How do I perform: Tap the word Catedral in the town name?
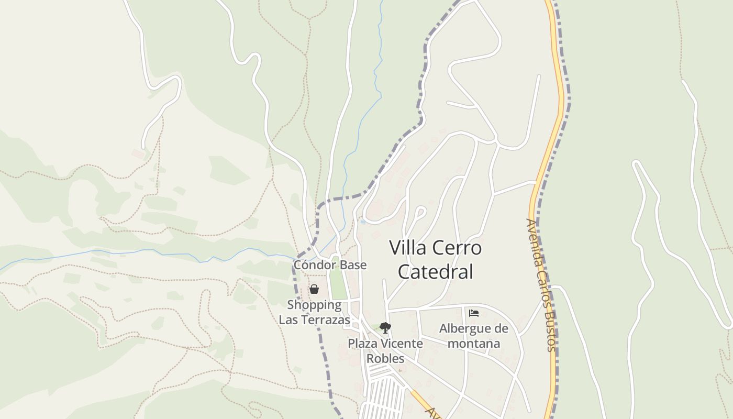click(435, 272)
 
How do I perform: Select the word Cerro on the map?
click(458, 248)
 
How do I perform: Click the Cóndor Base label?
click(330, 265)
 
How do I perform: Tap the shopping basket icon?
click(314, 289)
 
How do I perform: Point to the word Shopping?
click(314, 305)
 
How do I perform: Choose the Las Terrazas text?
click(314, 319)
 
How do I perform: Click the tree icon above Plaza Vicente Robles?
click(385, 328)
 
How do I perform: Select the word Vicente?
click(399, 344)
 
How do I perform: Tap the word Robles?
click(385, 358)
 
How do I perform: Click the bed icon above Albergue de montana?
click(474, 313)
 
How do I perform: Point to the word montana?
click(474, 344)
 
